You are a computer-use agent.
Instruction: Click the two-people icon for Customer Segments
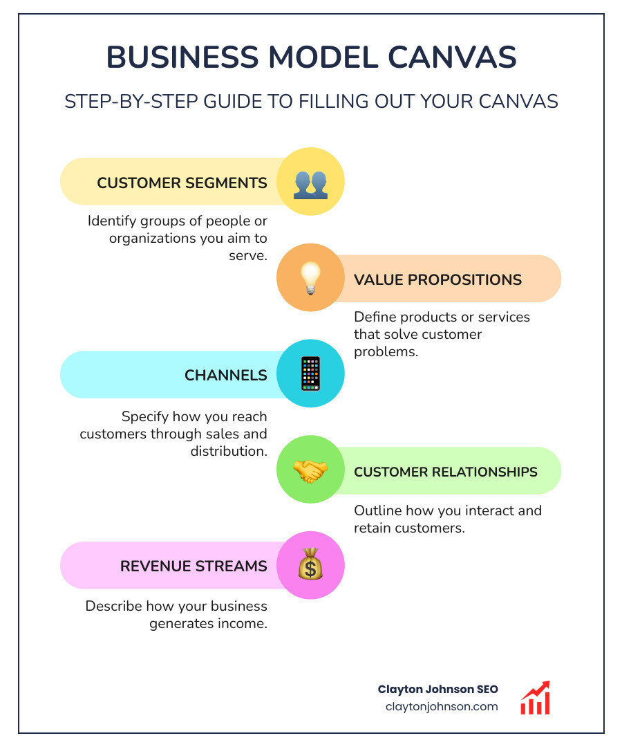[x=310, y=183]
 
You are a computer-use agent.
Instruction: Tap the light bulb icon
[x=310, y=278]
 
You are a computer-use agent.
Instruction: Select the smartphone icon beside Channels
[x=310, y=373]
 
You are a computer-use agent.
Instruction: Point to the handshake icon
[x=310, y=470]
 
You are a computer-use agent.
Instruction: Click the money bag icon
[x=310, y=565]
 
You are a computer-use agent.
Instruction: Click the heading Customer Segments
[x=182, y=183]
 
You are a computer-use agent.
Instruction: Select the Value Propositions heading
[x=437, y=279]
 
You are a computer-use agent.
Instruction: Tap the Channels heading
[x=225, y=375]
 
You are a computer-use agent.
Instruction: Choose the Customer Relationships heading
[x=445, y=472]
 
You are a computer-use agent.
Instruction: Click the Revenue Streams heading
[x=194, y=566]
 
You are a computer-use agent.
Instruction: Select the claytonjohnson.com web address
[x=441, y=706]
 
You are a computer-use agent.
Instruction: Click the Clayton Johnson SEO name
[x=437, y=690]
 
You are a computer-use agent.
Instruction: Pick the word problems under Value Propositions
[x=386, y=351]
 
